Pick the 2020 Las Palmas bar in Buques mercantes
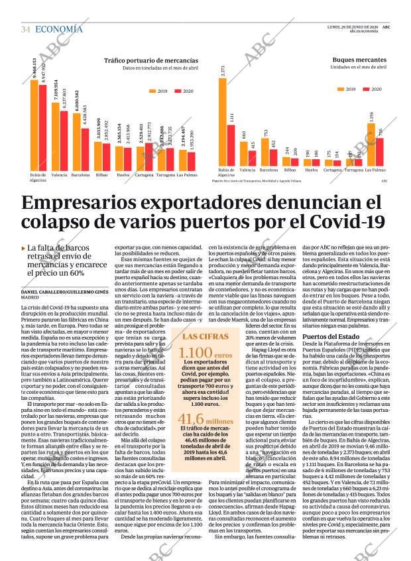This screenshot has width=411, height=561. (x=381, y=153)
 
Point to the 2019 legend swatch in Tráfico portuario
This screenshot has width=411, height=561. (x=153, y=90)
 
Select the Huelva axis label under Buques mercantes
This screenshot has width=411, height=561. (x=312, y=170)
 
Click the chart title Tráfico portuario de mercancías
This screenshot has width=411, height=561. (x=151, y=61)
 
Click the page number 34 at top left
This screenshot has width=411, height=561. (x=26, y=29)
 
